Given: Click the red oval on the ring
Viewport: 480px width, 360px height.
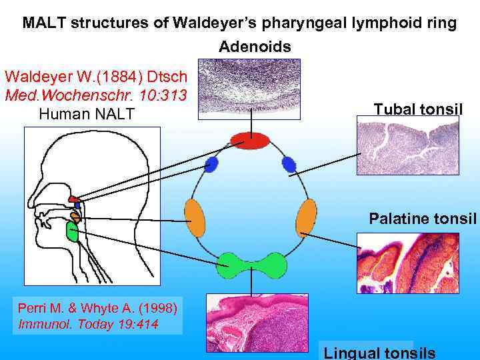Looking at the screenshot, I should coord(250,141).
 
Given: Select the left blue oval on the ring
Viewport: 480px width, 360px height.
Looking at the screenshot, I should coord(211,165).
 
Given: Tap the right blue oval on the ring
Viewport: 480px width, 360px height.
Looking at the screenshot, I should coord(289,164).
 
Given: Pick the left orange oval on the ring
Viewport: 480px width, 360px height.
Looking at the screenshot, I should coord(195,218).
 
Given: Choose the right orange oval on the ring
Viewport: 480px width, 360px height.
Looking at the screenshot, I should coord(306,218).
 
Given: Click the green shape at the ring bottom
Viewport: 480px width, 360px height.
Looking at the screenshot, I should coord(253,265).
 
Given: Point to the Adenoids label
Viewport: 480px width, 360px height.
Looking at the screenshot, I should coord(255,47).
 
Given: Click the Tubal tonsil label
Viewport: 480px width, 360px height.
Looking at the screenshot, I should coord(418,109).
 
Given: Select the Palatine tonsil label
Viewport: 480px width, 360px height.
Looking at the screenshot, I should coord(423,218).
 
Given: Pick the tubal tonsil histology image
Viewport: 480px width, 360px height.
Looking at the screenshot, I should coord(407,145).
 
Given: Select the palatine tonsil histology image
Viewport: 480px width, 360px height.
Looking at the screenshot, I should coord(407,263).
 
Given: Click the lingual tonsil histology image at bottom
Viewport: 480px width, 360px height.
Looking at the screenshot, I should coord(257,323).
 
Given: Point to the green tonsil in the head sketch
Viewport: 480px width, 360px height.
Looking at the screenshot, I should coord(73,231).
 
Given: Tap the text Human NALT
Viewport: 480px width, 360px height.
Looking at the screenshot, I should coord(87,114).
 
